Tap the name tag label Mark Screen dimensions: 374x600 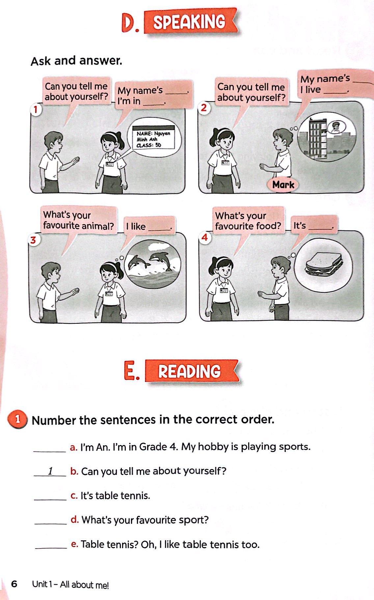tap(283, 185)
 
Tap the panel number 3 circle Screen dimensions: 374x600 tap(33, 240)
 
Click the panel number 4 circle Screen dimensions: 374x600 tap(205, 237)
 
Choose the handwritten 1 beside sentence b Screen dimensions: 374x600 tap(50, 471)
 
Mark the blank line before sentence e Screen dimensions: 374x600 tap(51, 549)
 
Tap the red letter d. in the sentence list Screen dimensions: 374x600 tap(75, 520)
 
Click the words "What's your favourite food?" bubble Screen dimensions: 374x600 tap(248, 221)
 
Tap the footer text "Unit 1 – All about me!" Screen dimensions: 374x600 tap(70, 585)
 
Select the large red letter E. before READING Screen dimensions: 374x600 tap(132, 371)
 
